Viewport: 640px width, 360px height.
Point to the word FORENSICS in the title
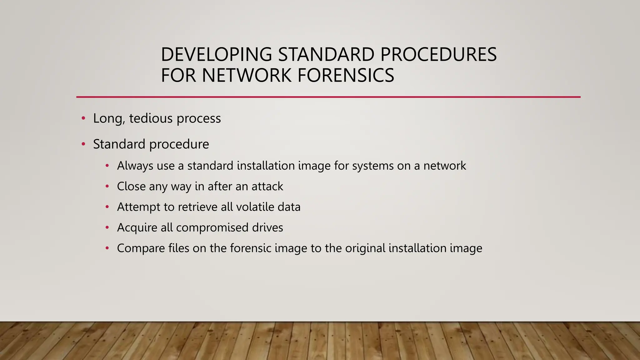(x=346, y=75)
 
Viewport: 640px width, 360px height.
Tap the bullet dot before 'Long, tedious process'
(x=83, y=118)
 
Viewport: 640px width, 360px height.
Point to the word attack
(x=267, y=186)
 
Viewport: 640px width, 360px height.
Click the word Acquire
(x=137, y=227)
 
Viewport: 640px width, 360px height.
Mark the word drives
(x=267, y=227)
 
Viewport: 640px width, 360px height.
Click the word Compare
(x=141, y=248)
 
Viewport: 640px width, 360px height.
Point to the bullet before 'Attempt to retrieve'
(x=107, y=207)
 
